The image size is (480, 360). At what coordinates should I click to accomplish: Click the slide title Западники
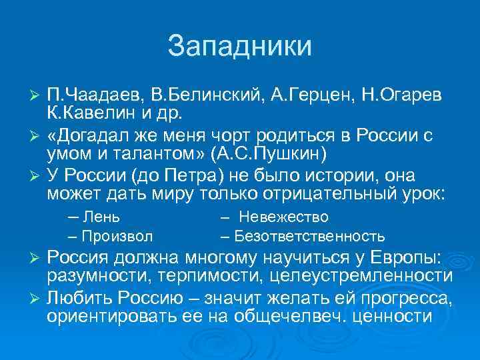pyautogui.click(x=240, y=46)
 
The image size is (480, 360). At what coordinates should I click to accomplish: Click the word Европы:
pyautogui.click(x=405, y=259)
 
